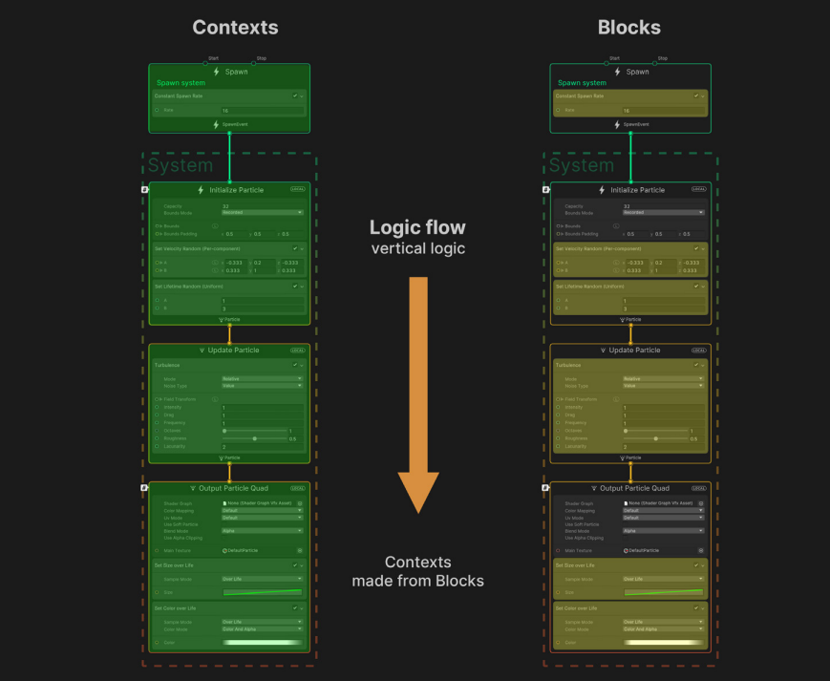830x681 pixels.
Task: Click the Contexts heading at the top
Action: [235, 27]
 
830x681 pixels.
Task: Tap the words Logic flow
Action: [417, 227]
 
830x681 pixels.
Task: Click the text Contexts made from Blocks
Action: [417, 571]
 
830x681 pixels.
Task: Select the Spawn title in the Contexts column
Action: [236, 72]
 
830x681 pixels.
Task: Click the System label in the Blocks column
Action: [582, 165]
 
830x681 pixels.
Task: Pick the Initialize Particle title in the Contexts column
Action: [236, 190]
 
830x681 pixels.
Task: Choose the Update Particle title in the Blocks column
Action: [637, 351]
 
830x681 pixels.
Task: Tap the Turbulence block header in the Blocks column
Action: [570, 365]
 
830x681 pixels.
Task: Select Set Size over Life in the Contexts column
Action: [176, 564]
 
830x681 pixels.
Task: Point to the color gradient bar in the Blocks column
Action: [663, 643]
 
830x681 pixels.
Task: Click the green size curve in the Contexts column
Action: [262, 593]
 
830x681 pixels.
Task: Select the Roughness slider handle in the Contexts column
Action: [255, 438]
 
